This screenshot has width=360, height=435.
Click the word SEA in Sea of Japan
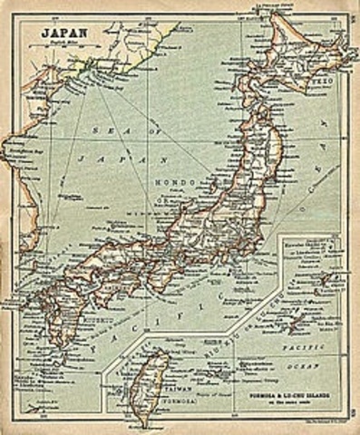[107, 130]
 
